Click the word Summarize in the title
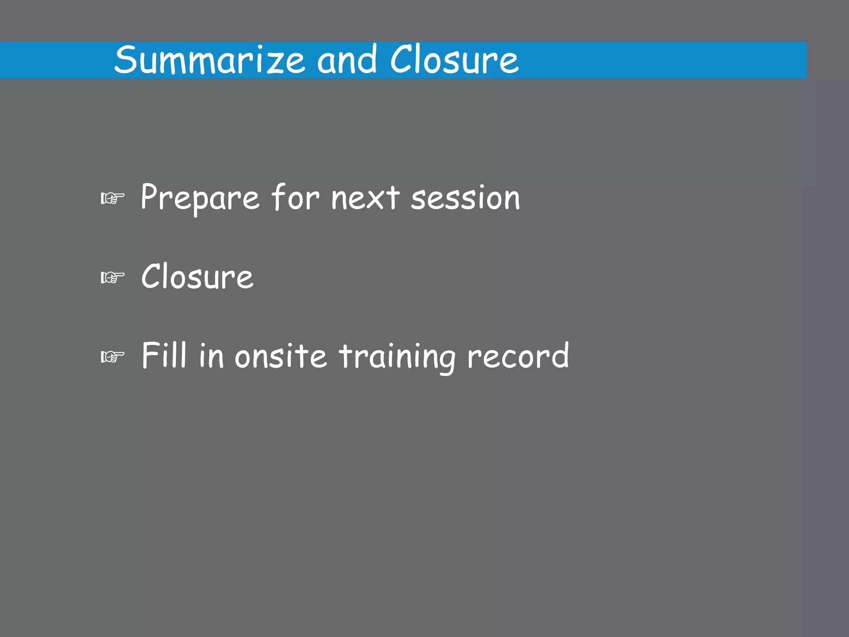pos(210,61)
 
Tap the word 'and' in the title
pos(347,61)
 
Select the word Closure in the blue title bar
pos(454,61)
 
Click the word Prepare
pos(200,198)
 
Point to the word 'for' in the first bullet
pos(295,197)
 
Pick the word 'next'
pos(365,198)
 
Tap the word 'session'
pos(465,198)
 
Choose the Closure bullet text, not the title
pos(197,277)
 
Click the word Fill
pos(164,355)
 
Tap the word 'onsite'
pos(281,356)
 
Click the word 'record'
pos(518,356)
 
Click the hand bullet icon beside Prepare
pos(112,199)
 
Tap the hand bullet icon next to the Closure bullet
pos(112,277)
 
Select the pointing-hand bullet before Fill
pos(112,357)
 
